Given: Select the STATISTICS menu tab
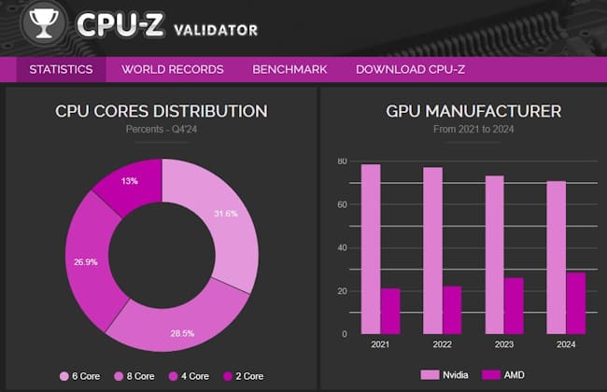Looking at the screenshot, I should (61, 69).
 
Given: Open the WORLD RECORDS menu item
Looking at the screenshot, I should (173, 69).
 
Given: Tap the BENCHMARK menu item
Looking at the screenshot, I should (289, 69).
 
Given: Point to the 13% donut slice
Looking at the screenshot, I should (131, 183).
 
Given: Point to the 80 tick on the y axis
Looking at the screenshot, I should (342, 161).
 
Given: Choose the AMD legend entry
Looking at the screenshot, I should (504, 374).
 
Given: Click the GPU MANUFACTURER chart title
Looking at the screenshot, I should (461, 111).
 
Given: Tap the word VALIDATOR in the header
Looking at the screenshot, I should (216, 30).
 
